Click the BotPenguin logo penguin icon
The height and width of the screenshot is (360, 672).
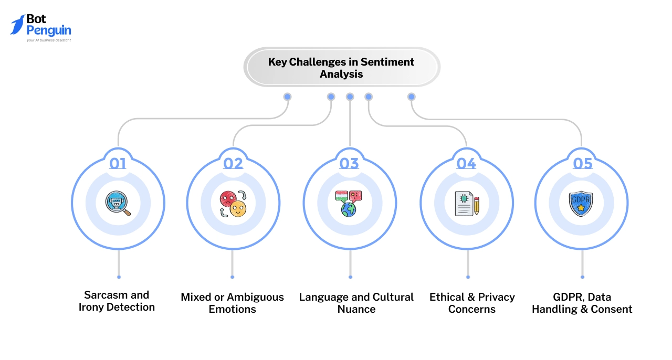pyautogui.click(x=17, y=25)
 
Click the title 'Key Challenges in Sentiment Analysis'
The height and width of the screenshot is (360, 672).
pyautogui.click(x=341, y=68)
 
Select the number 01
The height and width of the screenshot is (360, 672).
pyautogui.click(x=118, y=164)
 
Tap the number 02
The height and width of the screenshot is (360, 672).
pyautogui.click(x=233, y=164)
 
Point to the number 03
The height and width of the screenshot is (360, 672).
pyautogui.click(x=349, y=164)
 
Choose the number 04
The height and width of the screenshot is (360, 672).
pyautogui.click(x=466, y=164)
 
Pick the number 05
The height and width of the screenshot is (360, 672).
pyautogui.click(x=582, y=164)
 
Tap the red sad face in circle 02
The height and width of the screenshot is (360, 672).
pyautogui.click(x=227, y=199)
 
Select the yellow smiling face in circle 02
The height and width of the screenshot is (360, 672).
pyautogui.click(x=238, y=209)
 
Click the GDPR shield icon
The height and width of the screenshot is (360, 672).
pyautogui.click(x=581, y=203)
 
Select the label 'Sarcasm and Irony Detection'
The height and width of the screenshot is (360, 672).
pyautogui.click(x=117, y=301)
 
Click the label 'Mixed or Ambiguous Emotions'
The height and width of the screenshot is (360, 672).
pyautogui.click(x=232, y=303)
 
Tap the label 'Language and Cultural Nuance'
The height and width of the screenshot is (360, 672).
pyautogui.click(x=356, y=303)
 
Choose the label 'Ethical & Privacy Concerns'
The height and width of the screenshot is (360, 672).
pyautogui.click(x=472, y=303)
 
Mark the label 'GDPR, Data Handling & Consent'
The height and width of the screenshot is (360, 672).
pyautogui.click(x=582, y=303)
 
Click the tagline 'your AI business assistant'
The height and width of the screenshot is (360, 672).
pyautogui.click(x=49, y=40)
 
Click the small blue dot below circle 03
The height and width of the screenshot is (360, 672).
pyautogui.click(x=350, y=277)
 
